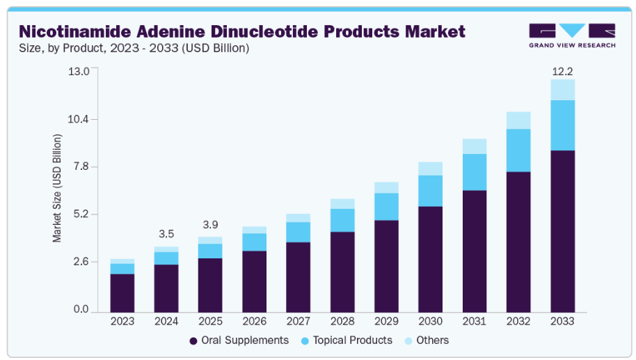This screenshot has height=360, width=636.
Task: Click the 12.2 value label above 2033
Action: pos(562,71)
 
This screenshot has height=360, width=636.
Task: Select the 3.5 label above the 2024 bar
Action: pos(166,234)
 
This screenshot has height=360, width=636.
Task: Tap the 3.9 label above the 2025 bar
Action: pos(210,225)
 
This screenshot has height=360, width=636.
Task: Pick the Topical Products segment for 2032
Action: pos(518,150)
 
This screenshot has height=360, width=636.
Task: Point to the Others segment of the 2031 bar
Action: pos(475,146)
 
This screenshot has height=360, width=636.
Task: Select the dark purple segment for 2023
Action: pos(122,293)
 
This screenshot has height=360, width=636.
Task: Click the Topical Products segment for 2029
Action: pos(387,207)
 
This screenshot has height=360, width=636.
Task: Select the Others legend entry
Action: pos(426,341)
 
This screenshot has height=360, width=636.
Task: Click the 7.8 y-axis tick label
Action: pos(80,167)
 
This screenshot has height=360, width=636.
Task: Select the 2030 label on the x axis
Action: pos(431,321)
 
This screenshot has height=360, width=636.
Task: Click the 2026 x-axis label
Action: pos(255,321)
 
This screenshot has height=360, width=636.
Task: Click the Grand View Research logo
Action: pos(571,36)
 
